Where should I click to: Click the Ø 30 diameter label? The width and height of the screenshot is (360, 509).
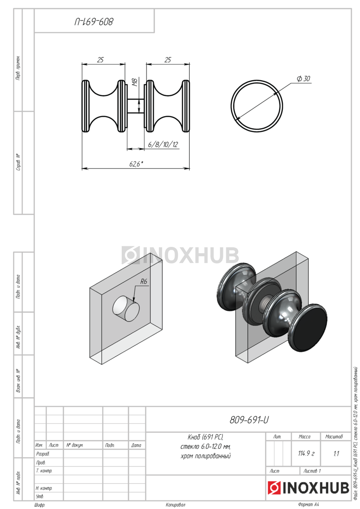click(304, 78)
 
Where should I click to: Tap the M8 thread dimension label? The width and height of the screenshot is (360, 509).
click(135, 82)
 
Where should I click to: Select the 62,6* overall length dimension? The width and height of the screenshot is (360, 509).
click(136, 164)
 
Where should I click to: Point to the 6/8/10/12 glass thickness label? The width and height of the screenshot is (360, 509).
click(163, 145)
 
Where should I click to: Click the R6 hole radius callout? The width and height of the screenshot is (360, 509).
click(144, 282)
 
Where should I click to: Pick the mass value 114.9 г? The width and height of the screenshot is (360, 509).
click(306, 453)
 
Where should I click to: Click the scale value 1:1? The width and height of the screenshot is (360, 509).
click(336, 454)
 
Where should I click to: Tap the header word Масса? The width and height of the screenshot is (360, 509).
click(304, 437)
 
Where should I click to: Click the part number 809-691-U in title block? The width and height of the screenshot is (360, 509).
click(249, 420)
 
